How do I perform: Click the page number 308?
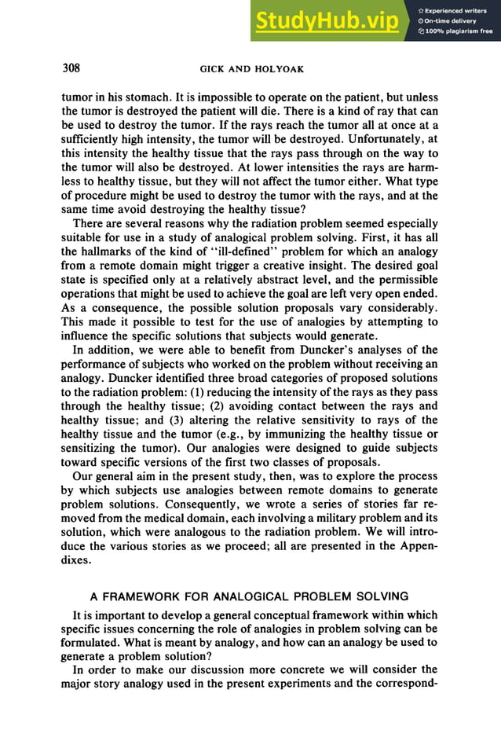(71, 68)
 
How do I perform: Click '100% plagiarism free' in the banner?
(459, 31)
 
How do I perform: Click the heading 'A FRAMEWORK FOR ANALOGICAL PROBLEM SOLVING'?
(250, 595)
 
